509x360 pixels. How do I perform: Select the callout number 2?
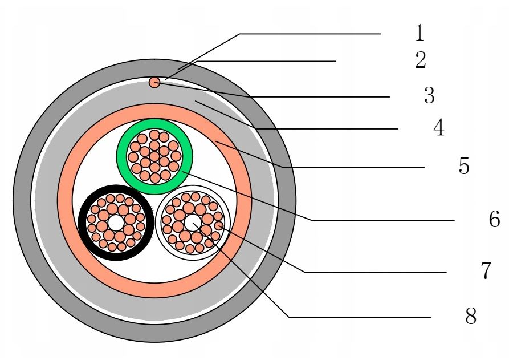pyautogui.click(x=421, y=60)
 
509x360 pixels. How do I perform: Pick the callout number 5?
pyautogui.click(x=463, y=167)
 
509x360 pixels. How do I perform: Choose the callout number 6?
pyautogui.click(x=494, y=220)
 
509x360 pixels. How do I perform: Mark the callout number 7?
pyautogui.click(x=485, y=272)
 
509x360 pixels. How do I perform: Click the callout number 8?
pyautogui.click(x=471, y=316)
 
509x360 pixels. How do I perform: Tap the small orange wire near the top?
pyautogui.click(x=154, y=83)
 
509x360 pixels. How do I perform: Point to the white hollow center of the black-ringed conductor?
pyautogui.click(x=116, y=222)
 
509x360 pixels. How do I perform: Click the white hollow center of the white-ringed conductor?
pyautogui.click(x=193, y=222)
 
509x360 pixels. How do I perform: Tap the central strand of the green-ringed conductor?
pyautogui.click(x=154, y=156)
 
